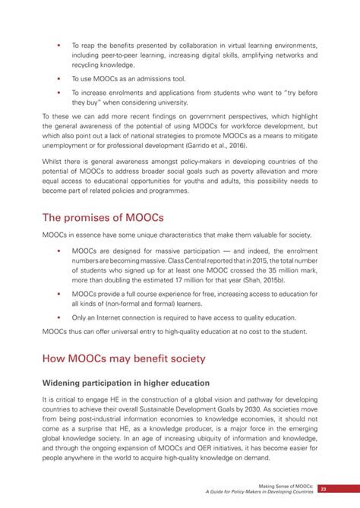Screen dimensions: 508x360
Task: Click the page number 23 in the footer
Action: pyautogui.click(x=324, y=490)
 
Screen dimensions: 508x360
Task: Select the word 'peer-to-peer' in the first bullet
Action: pyautogui.click(x=132, y=55)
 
